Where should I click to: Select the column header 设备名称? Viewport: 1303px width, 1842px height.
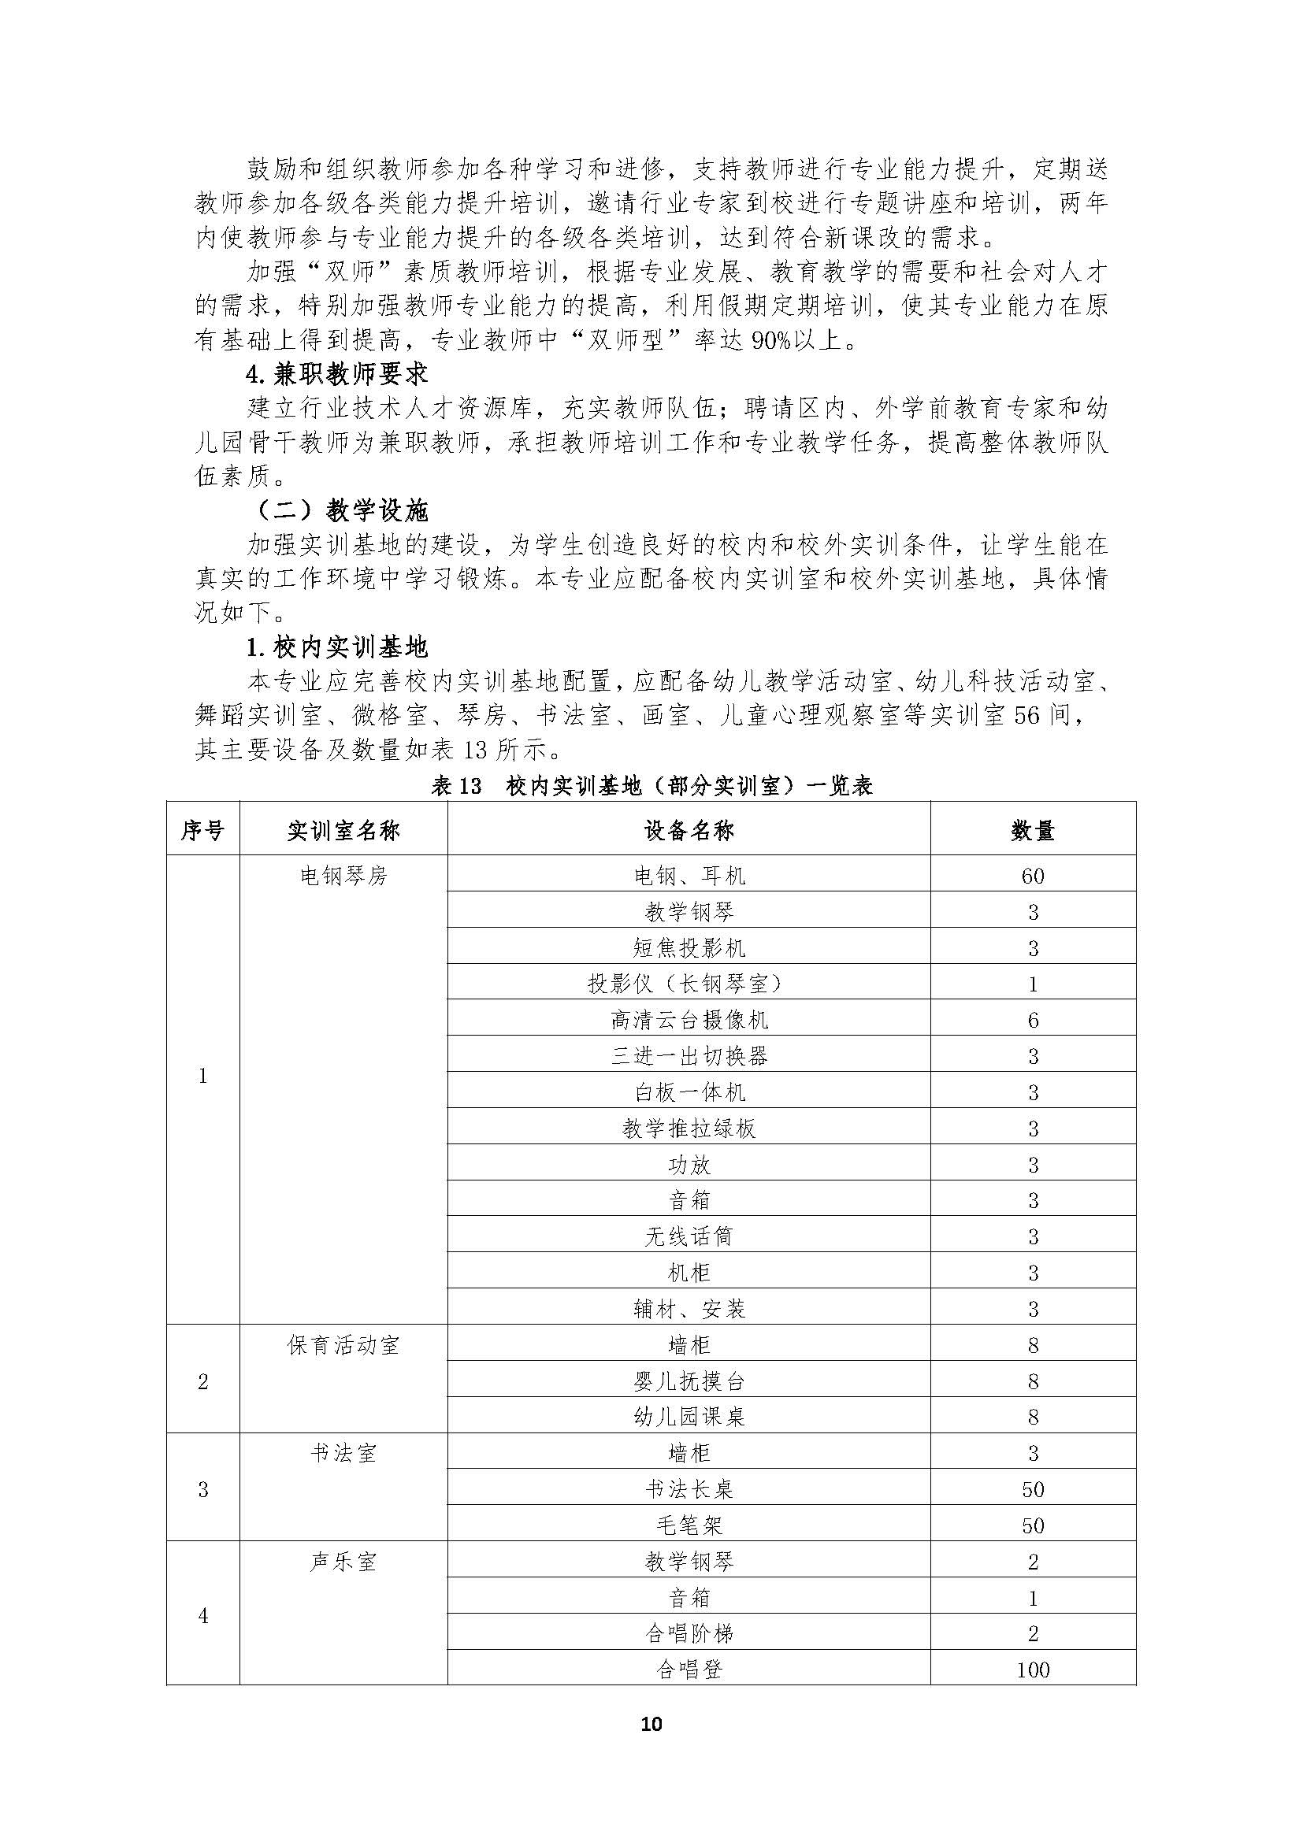[x=689, y=829]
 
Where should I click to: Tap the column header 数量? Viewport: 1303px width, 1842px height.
[x=1033, y=829]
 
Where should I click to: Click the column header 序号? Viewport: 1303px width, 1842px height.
[x=202, y=829]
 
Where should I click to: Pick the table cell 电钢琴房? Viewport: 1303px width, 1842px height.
[x=343, y=875]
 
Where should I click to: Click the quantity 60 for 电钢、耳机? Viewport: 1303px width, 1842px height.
[x=1033, y=875]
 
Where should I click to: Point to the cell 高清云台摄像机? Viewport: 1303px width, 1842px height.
[x=689, y=1020]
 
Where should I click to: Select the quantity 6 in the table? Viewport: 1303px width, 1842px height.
[x=1033, y=1020]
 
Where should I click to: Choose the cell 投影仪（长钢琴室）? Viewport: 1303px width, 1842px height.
[x=689, y=984]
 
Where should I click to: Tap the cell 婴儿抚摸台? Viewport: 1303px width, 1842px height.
[x=689, y=1381]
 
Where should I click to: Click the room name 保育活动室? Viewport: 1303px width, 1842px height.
[x=343, y=1344]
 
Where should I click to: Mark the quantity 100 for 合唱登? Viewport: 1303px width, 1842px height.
[x=1033, y=1670]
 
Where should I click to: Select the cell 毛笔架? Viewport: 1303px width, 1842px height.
[x=689, y=1525]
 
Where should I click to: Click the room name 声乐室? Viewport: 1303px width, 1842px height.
[x=343, y=1561]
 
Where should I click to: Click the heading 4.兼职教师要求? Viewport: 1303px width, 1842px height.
[x=337, y=374]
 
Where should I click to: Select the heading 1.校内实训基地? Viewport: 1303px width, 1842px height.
[x=337, y=647]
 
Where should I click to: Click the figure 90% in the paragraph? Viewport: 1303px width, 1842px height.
[x=770, y=340]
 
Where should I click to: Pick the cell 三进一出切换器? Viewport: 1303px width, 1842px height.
[x=689, y=1056]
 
